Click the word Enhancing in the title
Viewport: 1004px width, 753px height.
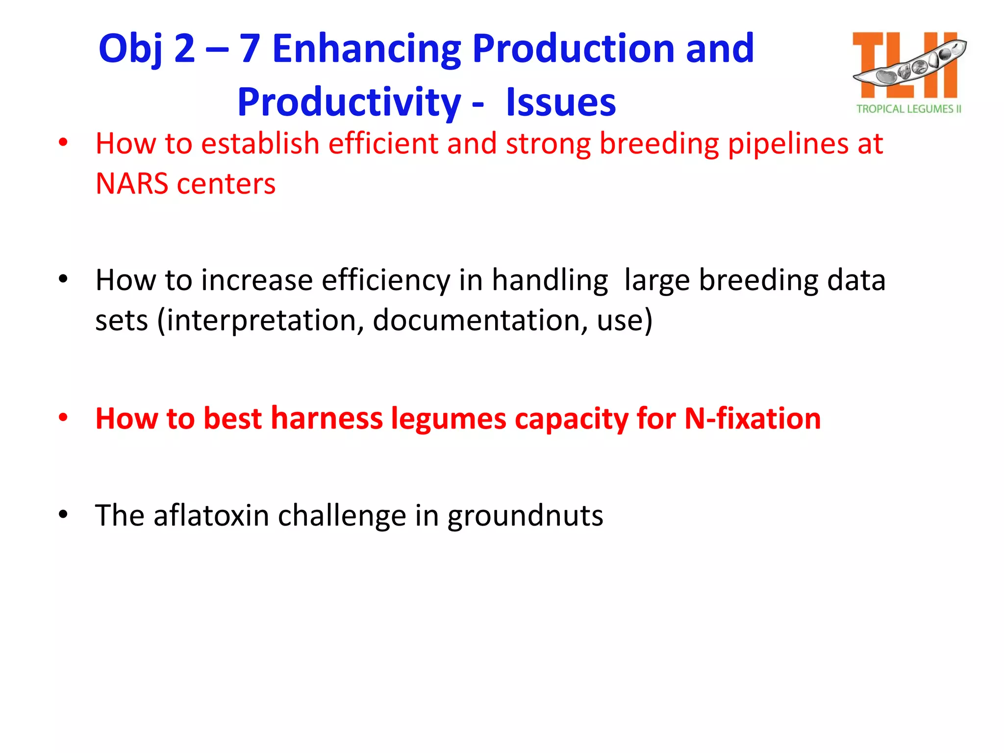pyautogui.click(x=366, y=49)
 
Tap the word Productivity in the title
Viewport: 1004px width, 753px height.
pyautogui.click(x=349, y=102)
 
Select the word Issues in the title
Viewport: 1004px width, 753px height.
pyautogui.click(x=560, y=102)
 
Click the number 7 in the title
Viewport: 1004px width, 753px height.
pyautogui.click(x=249, y=49)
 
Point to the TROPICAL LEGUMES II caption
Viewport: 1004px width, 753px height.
pyautogui.click(x=908, y=109)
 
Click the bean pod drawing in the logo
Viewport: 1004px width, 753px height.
pyautogui.click(x=909, y=66)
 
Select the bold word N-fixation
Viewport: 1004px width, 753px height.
pyautogui.click(x=752, y=419)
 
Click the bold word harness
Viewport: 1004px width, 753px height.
pyautogui.click(x=326, y=419)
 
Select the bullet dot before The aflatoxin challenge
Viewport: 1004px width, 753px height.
pyautogui.click(x=63, y=515)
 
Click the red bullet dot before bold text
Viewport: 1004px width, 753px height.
pyautogui.click(x=63, y=418)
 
